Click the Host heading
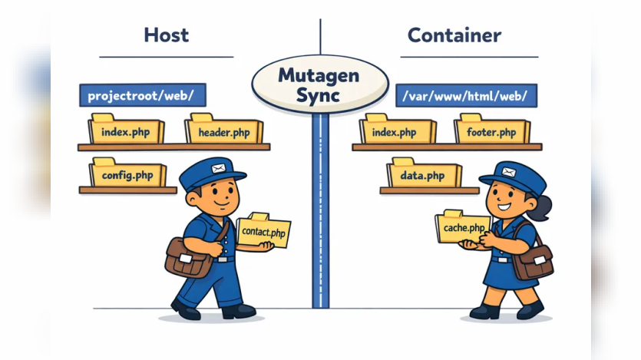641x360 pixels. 167,35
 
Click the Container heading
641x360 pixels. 454,35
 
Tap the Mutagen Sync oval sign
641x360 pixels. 319,84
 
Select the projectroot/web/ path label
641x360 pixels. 143,95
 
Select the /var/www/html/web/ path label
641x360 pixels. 467,96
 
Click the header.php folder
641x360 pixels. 223,129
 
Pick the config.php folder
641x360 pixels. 127,172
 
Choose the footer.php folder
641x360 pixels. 492,129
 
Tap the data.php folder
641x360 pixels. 424,173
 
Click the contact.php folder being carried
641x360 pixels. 263,230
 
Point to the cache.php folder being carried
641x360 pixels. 462,226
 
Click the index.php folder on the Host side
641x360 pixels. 126,129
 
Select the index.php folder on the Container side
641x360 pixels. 398,129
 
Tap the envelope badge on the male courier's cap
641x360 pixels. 218,168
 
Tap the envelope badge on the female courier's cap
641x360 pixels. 508,172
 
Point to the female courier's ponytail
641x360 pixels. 542,207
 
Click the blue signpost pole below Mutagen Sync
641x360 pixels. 321,210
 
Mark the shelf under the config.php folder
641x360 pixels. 128,190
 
